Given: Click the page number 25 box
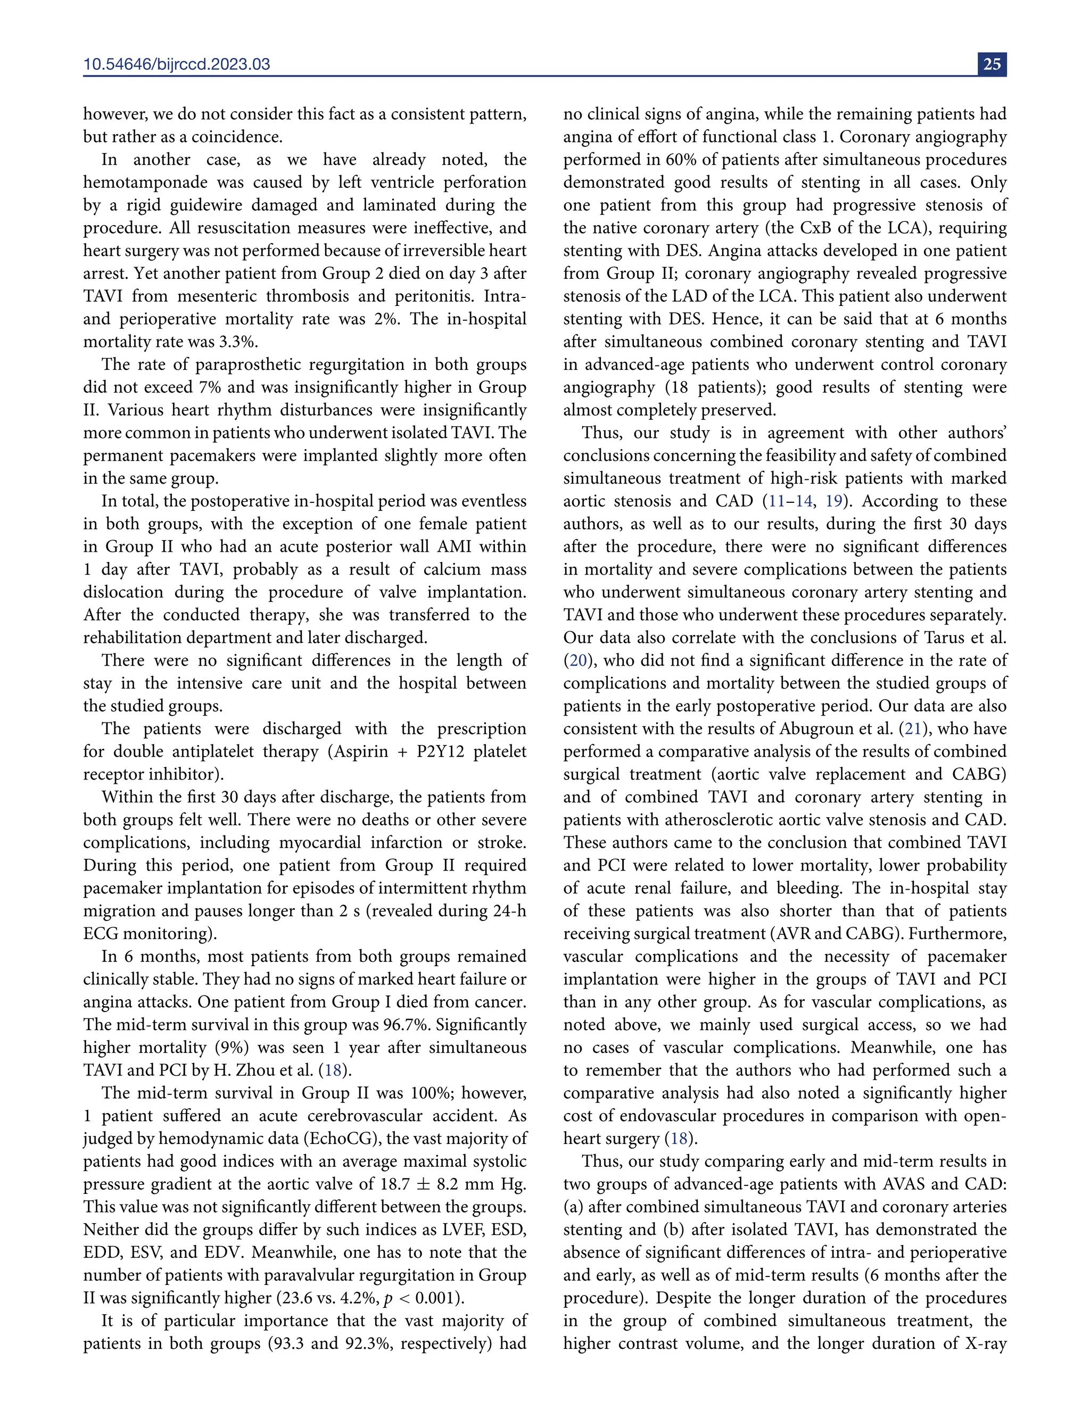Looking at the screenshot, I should click(992, 63).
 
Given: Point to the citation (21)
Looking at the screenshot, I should click(913, 728).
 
